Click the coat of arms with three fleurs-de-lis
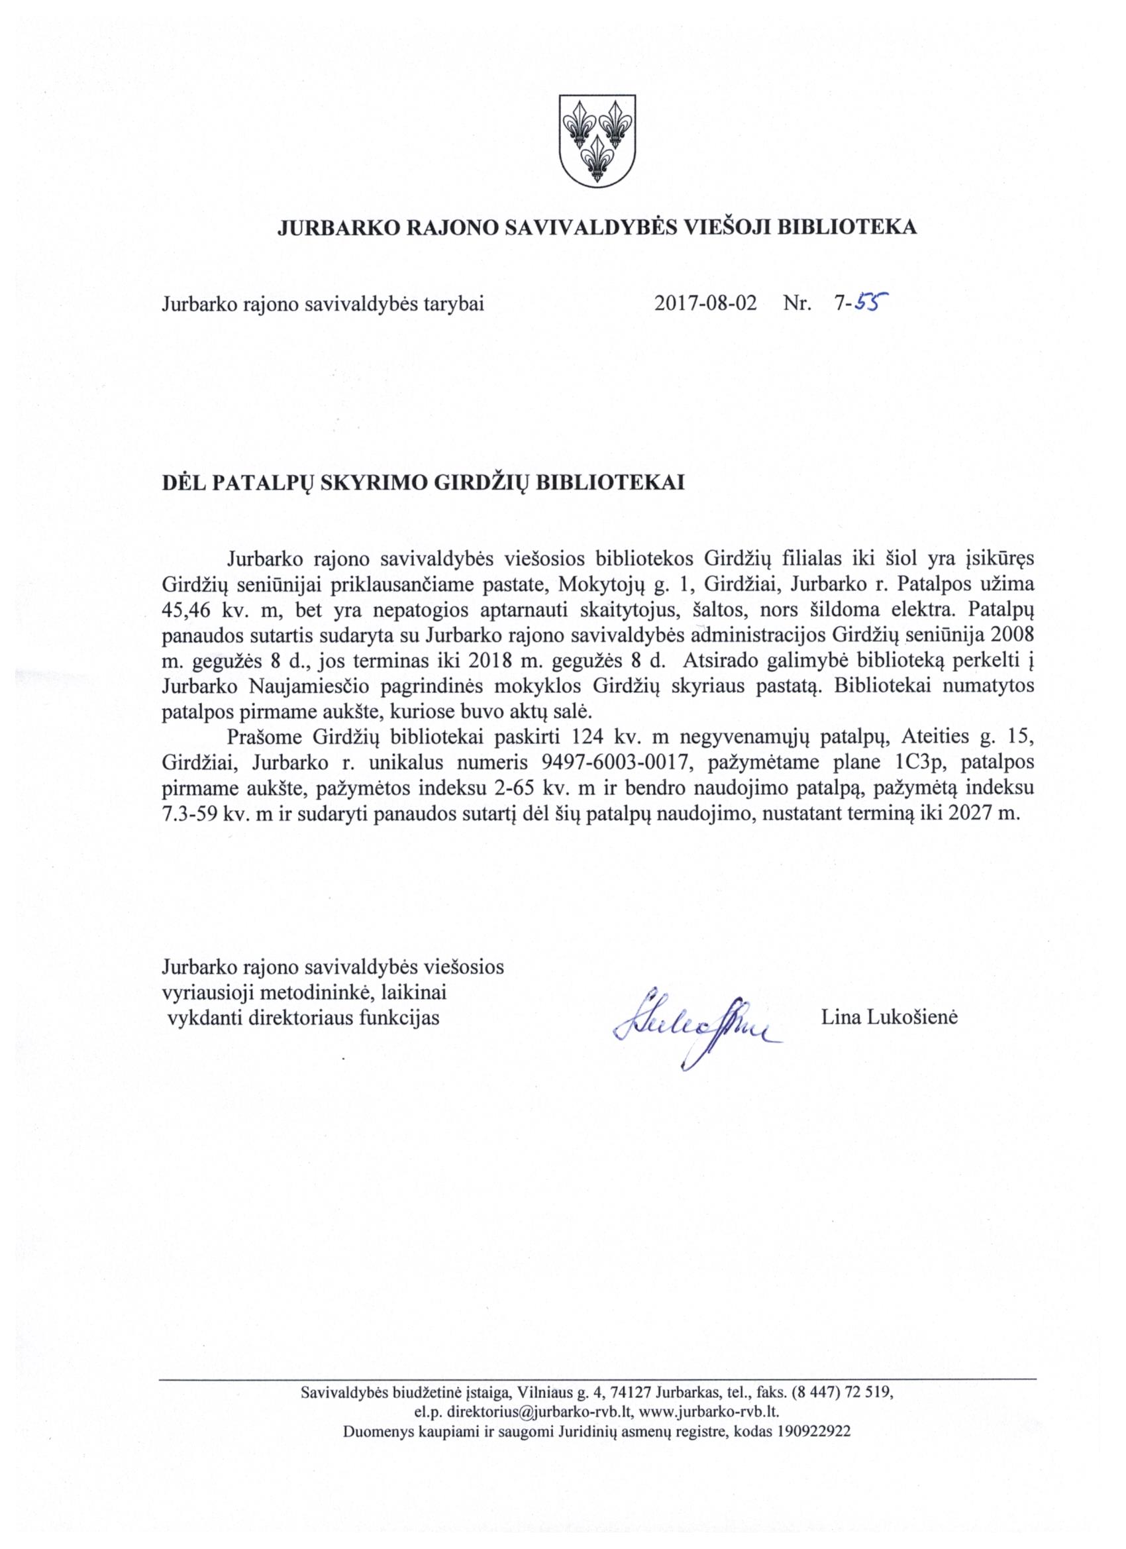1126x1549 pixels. [596, 140]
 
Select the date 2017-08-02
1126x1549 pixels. [705, 303]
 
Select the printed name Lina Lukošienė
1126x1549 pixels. [889, 1018]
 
